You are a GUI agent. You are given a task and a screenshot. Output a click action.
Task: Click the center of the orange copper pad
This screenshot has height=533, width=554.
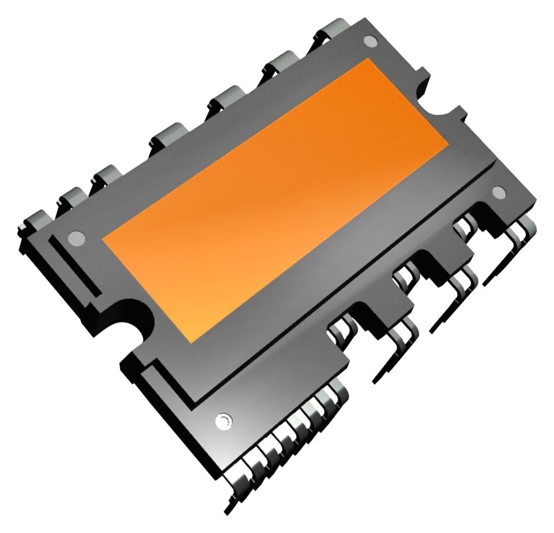point(275,200)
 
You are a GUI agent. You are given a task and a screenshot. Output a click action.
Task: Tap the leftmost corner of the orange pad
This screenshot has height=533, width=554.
point(102,241)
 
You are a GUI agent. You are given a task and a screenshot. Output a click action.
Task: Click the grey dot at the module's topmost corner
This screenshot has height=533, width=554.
point(370,41)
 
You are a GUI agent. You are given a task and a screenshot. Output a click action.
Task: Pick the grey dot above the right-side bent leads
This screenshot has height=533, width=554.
point(499,191)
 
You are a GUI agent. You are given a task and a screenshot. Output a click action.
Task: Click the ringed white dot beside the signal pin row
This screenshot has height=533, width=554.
point(222,420)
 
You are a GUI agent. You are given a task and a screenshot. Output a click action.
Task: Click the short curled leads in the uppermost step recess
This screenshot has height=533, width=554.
point(463,225)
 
